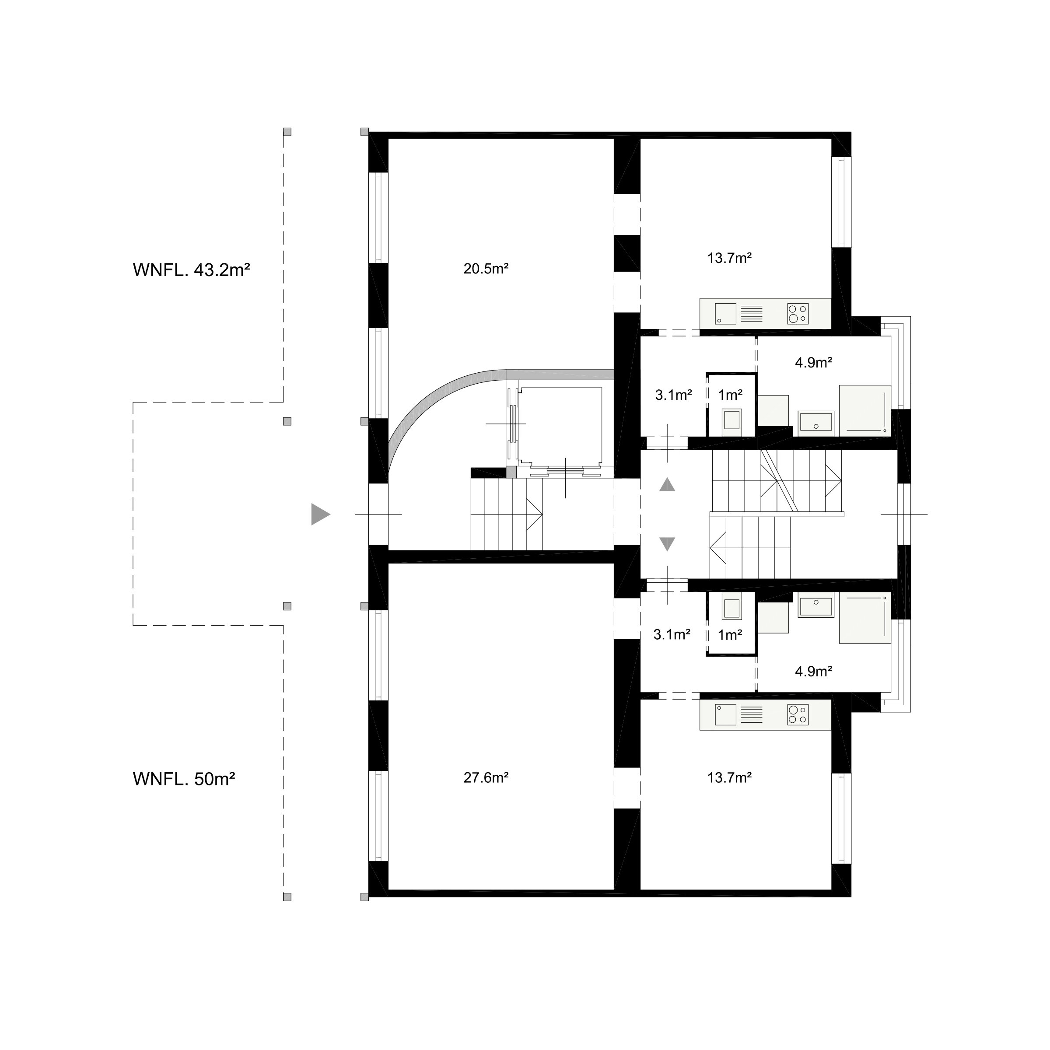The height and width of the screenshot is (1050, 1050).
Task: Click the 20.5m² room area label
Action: [486, 269]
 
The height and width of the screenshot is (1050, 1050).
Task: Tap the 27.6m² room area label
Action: [486, 778]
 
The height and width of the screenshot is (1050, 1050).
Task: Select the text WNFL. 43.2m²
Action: [191, 269]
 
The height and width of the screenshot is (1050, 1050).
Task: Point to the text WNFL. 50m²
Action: [184, 779]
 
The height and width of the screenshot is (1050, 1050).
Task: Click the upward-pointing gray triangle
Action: [667, 485]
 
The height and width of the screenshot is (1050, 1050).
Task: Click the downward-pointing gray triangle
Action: [667, 544]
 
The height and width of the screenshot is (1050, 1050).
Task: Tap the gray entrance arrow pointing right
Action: [321, 514]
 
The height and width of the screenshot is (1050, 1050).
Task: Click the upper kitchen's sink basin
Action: [725, 314]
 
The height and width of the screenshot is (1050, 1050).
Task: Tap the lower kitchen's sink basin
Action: [725, 715]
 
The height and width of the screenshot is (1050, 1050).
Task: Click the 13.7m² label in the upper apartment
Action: [729, 258]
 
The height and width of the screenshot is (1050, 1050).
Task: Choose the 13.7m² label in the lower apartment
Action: [729, 778]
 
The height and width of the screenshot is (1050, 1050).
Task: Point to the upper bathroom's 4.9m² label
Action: [814, 363]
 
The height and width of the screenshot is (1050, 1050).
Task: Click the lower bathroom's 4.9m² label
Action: [814, 672]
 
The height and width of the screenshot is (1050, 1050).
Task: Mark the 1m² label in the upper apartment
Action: [730, 395]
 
